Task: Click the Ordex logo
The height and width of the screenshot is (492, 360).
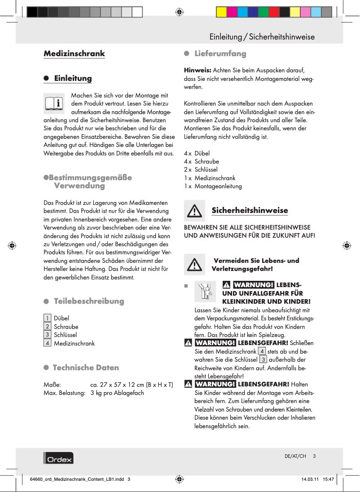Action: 58,458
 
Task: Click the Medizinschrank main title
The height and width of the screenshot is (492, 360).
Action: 74,53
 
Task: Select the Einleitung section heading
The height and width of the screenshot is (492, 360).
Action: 73,78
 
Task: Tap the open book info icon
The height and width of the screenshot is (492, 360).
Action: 54,103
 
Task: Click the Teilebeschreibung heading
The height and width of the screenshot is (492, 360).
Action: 89,301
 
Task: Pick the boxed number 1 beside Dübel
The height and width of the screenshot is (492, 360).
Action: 47,319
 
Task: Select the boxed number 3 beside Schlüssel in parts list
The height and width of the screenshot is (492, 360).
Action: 47,335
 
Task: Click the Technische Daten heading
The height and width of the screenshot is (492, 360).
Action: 86,368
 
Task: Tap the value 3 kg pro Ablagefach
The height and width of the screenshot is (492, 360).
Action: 117,393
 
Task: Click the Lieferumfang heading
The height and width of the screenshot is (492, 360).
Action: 220,53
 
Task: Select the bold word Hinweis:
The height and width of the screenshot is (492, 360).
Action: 198,71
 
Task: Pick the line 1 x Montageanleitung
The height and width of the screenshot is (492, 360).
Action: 213,186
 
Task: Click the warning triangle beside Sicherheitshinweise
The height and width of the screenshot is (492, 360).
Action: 194,210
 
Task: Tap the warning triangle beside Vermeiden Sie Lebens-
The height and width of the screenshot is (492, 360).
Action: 194,265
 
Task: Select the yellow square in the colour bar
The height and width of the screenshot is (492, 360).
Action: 222,12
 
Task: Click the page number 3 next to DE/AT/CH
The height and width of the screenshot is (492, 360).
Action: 315,456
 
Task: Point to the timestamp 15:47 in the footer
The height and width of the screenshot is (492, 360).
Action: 329,479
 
